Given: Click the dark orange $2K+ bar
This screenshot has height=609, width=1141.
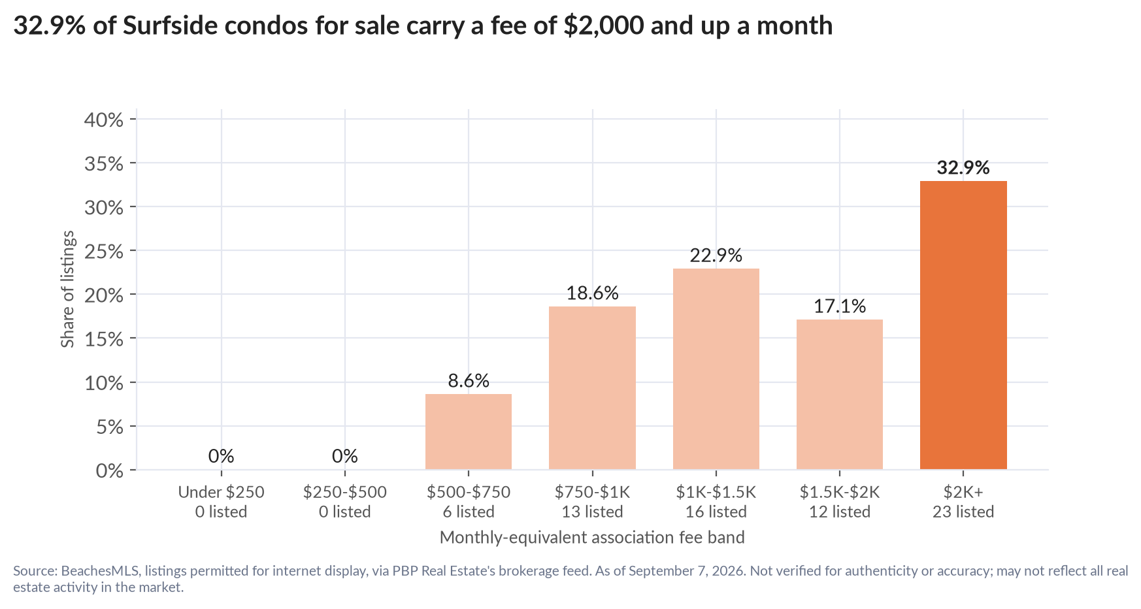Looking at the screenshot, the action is [963, 325].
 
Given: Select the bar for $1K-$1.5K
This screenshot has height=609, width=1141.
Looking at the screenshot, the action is [716, 369].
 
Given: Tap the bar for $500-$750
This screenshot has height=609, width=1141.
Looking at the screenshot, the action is [469, 431].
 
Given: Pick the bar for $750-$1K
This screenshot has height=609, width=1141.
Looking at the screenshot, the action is [592, 387].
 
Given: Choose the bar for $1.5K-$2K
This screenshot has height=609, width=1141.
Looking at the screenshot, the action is [840, 394].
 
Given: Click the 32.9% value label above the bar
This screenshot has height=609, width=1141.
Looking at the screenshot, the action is [963, 168].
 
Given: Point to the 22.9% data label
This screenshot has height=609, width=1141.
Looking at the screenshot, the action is [716, 255].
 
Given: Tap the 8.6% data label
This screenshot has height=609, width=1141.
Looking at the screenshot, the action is [469, 381].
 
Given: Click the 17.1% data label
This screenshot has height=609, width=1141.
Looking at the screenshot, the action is [840, 306].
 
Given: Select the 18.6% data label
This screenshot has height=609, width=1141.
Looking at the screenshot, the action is [592, 293].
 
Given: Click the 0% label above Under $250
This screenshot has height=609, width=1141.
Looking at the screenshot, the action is [222, 456].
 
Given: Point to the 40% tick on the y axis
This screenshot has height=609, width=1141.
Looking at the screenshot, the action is [104, 120].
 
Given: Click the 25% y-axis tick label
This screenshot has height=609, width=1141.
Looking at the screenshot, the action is [104, 252].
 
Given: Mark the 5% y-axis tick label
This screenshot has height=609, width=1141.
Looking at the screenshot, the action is [110, 427].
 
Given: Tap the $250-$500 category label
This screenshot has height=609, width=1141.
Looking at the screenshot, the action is [345, 492].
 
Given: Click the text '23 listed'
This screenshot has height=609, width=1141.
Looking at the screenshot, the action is [963, 512].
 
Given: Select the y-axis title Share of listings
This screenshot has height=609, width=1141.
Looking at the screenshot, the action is [68, 289].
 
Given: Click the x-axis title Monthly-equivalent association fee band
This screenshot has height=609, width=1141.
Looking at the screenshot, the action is [592, 538].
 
